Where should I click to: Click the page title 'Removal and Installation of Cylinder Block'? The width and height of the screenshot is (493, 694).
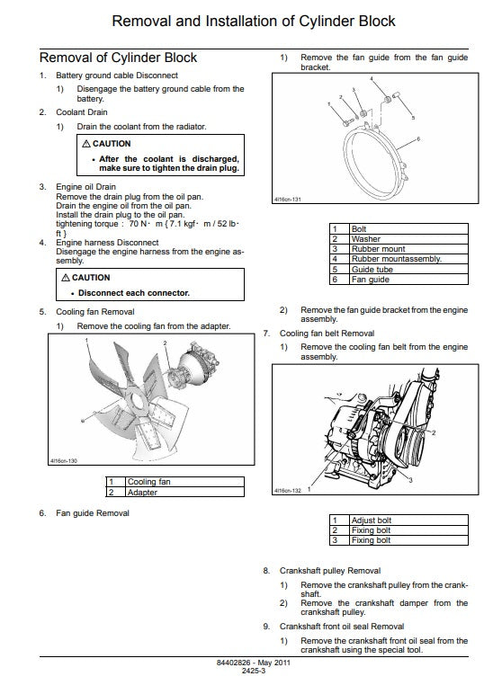[254, 22]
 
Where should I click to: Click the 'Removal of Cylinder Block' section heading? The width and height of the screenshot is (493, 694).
[118, 58]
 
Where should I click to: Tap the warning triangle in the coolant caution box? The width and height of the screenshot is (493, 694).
[86, 144]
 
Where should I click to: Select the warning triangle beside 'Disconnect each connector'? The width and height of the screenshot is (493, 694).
[66, 278]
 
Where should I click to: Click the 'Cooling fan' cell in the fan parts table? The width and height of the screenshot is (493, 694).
[185, 482]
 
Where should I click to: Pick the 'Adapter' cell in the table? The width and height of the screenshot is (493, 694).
[185, 492]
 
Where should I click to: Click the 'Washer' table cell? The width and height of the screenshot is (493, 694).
[408, 239]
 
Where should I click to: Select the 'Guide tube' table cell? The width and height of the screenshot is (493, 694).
[408, 270]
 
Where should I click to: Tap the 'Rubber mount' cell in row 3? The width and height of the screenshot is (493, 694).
[408, 249]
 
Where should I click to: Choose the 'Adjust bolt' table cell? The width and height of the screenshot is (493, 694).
[408, 520]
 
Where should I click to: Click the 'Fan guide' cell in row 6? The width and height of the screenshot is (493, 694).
[408, 280]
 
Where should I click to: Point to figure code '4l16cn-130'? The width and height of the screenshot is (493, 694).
[64, 461]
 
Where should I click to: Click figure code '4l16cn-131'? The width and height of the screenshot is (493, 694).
[288, 200]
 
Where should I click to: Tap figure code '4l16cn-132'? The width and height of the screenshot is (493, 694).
[288, 491]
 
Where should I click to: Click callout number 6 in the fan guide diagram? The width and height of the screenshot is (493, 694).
[418, 139]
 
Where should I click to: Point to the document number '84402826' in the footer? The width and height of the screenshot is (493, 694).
[233, 663]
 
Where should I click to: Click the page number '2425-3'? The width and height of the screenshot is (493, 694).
[254, 671]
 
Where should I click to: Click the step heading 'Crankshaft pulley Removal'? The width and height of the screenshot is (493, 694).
[330, 571]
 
